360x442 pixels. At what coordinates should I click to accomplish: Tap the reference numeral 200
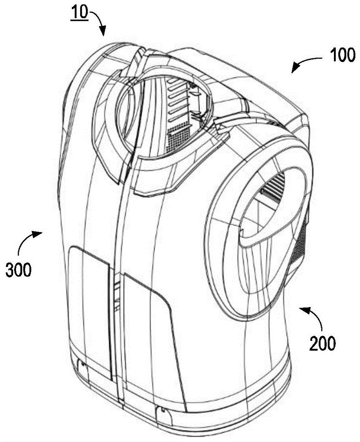click(322, 343)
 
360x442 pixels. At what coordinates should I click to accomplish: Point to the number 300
click(18, 270)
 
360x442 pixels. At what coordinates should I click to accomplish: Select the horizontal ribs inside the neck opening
click(178, 102)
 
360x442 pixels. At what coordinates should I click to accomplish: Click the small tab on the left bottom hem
click(83, 364)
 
